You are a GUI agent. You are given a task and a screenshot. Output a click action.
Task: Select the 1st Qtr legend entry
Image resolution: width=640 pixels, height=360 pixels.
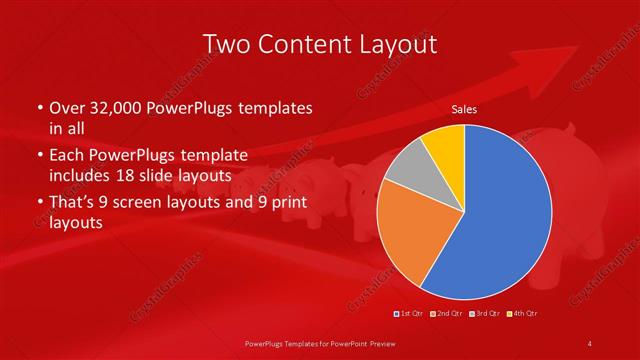point(410,314)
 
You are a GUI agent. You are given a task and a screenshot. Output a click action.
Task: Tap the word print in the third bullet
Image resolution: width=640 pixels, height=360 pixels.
point(283,204)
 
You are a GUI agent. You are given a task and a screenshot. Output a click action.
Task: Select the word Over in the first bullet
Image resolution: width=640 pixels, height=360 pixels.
point(66,108)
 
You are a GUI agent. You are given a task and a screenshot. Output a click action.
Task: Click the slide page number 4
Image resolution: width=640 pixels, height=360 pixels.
point(590,344)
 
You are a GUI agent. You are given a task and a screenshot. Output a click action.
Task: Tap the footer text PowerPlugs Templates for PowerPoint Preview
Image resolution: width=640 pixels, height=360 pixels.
point(320,344)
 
